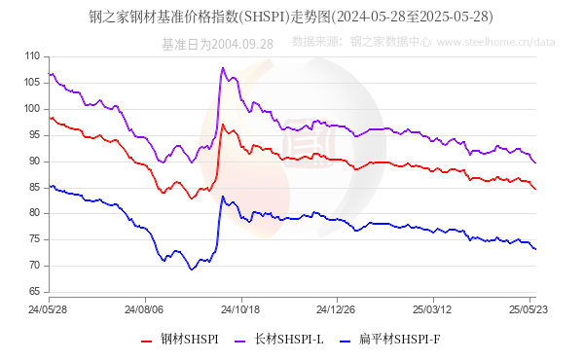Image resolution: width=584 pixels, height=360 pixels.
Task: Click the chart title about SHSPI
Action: (x=292, y=17)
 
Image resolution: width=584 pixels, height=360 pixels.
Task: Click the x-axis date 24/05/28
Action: (x=49, y=309)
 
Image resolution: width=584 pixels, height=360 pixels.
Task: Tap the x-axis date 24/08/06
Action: (x=144, y=309)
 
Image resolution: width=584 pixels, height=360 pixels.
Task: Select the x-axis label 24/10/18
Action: (x=239, y=309)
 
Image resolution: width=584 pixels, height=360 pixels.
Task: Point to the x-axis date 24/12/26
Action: (x=336, y=309)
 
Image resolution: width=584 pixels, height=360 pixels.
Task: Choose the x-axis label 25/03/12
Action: (x=431, y=309)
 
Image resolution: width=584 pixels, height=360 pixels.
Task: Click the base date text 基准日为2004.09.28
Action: (x=217, y=43)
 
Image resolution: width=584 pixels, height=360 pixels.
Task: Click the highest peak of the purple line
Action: (x=223, y=68)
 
